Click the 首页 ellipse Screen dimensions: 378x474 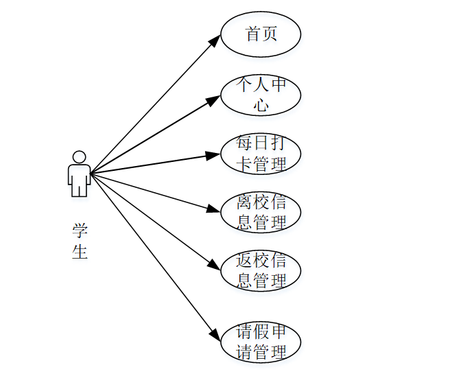point(261,34)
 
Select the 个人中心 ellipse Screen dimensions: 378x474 point(261,95)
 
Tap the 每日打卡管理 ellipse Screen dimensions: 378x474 point(261,154)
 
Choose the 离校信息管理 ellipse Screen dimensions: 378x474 point(261,212)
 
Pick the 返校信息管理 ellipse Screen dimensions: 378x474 point(261,270)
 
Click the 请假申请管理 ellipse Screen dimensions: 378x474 point(261,342)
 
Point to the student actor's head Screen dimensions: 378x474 point(79,157)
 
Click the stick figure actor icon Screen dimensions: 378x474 point(79,175)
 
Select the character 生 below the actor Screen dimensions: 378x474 point(80,252)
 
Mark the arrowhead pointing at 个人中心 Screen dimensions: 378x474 point(214,99)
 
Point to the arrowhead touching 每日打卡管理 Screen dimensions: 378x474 point(213,155)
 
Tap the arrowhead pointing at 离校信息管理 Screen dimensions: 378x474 point(214,209)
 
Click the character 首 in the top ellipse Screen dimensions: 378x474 point(252,34)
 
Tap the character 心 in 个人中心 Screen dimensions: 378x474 point(261,105)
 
